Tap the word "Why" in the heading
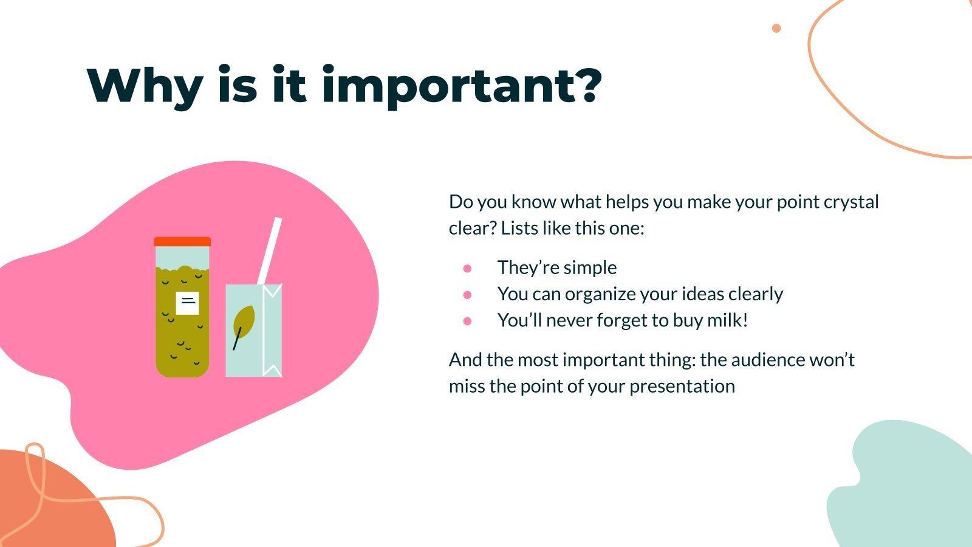(x=145, y=86)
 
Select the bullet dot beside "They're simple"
(x=467, y=268)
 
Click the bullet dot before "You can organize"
(x=467, y=295)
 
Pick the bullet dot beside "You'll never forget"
(x=467, y=321)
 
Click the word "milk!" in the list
(x=727, y=320)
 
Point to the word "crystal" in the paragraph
(x=851, y=202)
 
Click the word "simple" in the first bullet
(x=590, y=268)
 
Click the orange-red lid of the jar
(x=182, y=241)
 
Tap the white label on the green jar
(x=187, y=303)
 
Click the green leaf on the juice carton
(x=244, y=322)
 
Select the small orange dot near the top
(x=776, y=28)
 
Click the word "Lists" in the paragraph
(x=518, y=229)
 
